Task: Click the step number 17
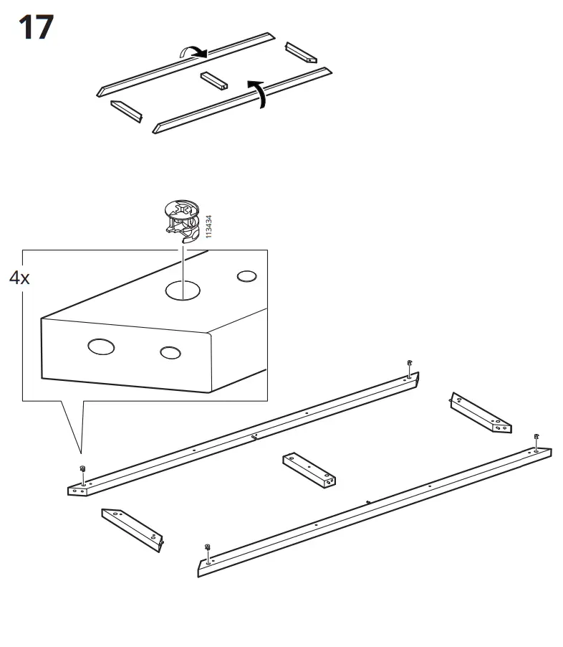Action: [x=35, y=28]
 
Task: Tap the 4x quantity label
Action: [x=20, y=278]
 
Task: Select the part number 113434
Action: [x=208, y=227]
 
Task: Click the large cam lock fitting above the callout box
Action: [x=181, y=220]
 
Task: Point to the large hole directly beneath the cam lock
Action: [x=182, y=290]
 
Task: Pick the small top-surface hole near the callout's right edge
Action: [x=246, y=276]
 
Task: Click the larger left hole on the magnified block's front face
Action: [x=101, y=347]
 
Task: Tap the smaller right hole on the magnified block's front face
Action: [x=170, y=352]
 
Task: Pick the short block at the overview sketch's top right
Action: [x=301, y=52]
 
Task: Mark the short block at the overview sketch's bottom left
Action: [x=126, y=110]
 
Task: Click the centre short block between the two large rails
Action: [x=309, y=470]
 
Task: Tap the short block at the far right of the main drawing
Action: [x=480, y=413]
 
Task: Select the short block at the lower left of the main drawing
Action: [x=133, y=529]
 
